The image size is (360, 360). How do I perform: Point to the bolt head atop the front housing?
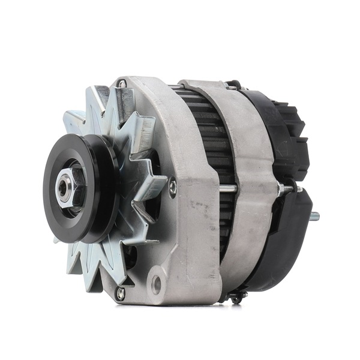pyautogui.click(x=122, y=84)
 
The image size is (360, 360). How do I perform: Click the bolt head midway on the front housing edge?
pyautogui.click(x=173, y=187)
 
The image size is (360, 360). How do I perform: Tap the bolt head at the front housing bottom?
pyautogui.click(x=121, y=292)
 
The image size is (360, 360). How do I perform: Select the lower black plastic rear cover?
pyautogui.click(x=291, y=240)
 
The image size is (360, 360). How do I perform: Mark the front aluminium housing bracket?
pyautogui.click(x=180, y=228)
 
